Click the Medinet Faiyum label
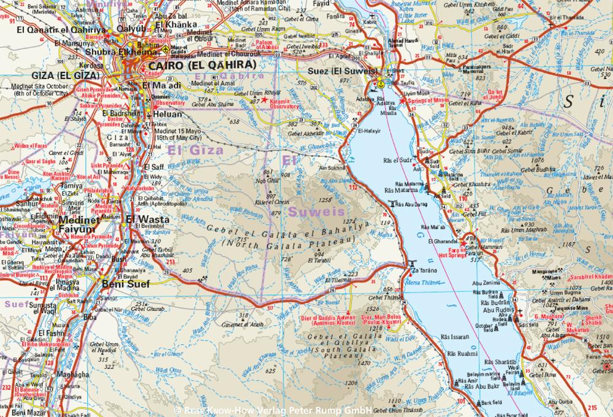pos(77,225)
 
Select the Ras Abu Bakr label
pos(480,388)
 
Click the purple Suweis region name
pos(310,212)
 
